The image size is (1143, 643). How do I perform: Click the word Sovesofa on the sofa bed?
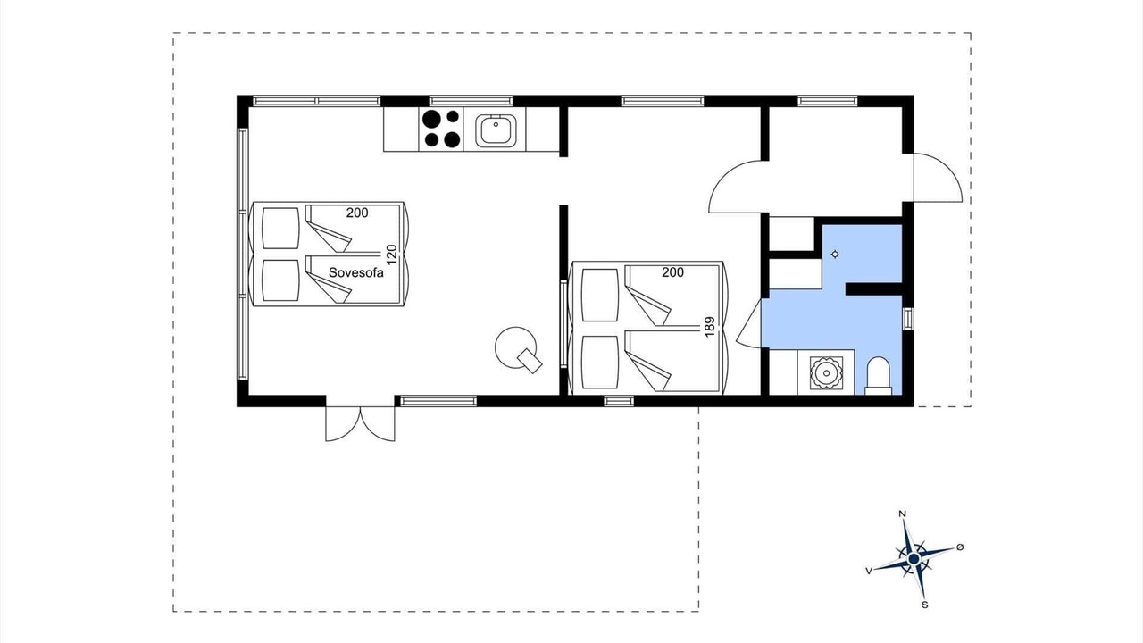355,272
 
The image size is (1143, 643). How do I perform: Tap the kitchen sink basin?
496,130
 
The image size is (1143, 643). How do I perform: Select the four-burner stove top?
441,129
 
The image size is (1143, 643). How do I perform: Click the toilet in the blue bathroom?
878,376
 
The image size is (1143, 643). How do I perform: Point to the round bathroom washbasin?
824,372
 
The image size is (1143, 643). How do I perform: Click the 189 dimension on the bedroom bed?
709,327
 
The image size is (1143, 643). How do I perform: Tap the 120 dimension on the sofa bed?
391,255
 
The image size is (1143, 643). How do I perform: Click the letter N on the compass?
902,514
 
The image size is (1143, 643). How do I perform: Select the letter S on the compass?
924,605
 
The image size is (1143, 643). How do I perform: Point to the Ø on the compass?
960,547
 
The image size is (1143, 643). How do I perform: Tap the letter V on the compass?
869,571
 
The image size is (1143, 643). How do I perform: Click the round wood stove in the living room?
516,348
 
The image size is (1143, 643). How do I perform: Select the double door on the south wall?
360,423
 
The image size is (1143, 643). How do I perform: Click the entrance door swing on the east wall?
938,178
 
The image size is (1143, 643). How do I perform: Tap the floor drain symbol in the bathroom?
835,255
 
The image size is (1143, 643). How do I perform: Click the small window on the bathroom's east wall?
908,319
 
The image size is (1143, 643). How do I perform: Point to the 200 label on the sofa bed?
357,213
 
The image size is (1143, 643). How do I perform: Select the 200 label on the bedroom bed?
673,272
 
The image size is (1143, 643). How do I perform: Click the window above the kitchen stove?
471,101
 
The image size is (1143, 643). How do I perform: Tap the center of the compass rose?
914,560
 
